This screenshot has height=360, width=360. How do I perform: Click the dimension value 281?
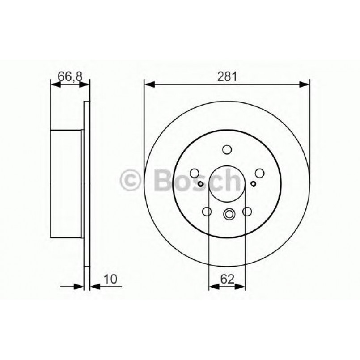[x=227, y=76]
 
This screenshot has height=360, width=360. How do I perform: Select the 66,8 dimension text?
[x=70, y=76]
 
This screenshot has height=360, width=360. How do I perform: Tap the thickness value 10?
[x=110, y=279]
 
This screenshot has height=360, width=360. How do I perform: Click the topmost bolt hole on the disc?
[x=227, y=150]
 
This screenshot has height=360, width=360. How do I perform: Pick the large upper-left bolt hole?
[x=195, y=173]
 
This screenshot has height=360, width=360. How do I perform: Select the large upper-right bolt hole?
[x=259, y=173]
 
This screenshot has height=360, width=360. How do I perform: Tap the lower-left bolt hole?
[x=207, y=212]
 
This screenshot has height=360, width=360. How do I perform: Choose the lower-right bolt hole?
[x=247, y=212]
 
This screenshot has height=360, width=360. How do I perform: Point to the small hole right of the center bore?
[x=254, y=183]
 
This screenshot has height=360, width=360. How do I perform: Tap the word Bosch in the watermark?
[x=197, y=180]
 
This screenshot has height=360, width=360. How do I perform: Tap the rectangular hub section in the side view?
[x=66, y=183]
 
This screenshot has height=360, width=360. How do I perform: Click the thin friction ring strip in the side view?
[x=87, y=183]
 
